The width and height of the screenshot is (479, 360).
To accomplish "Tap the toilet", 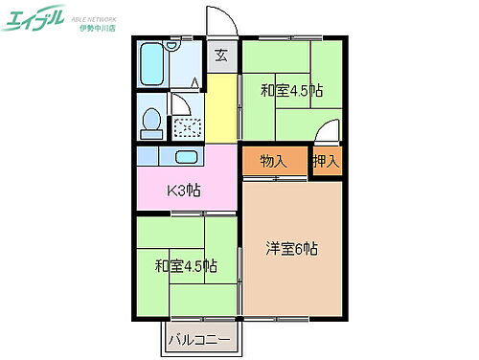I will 151,122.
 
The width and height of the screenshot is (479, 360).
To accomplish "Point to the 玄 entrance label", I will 221,56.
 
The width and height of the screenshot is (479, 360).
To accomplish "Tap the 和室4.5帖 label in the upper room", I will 291,91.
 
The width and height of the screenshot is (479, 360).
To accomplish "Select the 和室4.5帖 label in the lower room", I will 186,265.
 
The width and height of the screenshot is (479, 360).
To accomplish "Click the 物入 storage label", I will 273,161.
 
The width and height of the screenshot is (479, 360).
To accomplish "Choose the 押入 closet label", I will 326,161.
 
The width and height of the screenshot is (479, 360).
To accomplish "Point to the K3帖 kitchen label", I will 184,190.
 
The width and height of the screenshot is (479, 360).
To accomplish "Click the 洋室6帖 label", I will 291,250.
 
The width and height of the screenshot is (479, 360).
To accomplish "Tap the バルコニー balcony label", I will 200,339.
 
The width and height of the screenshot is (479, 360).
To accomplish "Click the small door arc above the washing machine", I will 180,104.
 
